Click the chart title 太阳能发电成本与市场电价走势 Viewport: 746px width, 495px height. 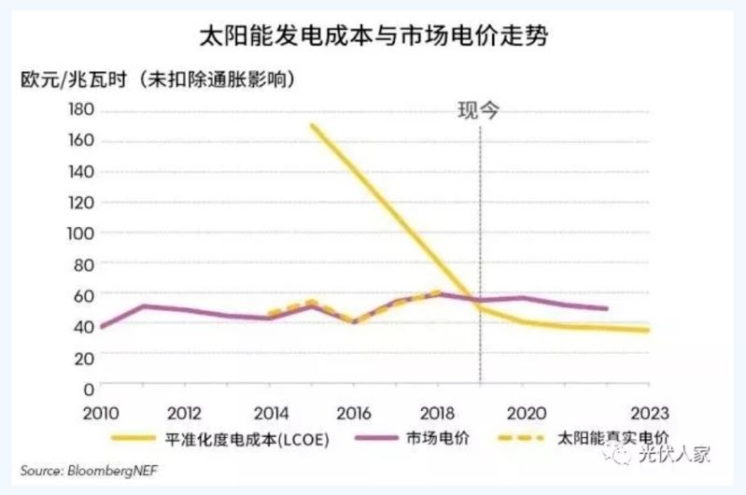tap(373, 37)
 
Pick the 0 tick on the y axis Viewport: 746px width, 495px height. tap(90, 387)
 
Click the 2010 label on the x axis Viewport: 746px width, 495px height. tap(101, 411)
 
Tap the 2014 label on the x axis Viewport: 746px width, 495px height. tap(270, 411)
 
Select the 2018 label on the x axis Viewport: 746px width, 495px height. tap(438, 411)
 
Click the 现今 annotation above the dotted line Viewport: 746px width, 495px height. tap(478, 110)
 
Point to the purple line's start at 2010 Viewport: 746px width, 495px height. tap(102, 327)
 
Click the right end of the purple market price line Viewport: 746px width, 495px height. tap(607, 308)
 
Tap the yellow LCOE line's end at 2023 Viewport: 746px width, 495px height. tap(647, 330)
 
